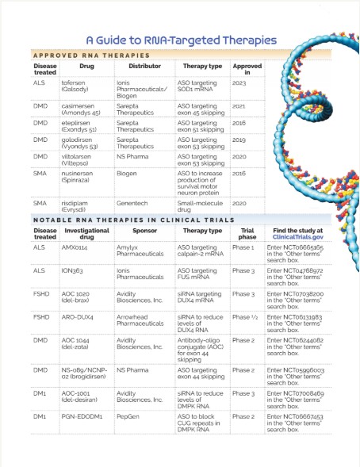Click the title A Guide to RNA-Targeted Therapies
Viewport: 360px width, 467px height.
tap(181, 39)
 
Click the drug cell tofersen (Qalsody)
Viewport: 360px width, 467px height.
tap(78, 90)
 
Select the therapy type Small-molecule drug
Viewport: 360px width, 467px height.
tap(199, 207)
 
